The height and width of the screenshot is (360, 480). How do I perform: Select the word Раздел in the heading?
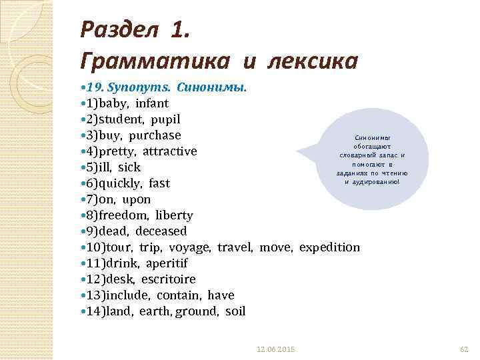(x=119, y=29)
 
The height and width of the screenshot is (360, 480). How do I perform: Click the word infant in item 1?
(x=152, y=103)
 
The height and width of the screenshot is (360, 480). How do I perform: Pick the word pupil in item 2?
(x=165, y=119)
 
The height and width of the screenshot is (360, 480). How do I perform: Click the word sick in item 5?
(x=129, y=167)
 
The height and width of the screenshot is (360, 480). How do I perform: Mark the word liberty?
(x=174, y=215)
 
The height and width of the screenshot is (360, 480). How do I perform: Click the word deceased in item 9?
(x=161, y=231)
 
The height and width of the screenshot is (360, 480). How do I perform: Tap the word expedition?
(x=329, y=247)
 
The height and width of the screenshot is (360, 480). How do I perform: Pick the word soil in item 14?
(x=235, y=311)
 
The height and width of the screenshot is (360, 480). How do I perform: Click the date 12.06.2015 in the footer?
(x=276, y=349)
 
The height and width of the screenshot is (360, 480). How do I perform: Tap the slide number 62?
(x=465, y=349)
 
